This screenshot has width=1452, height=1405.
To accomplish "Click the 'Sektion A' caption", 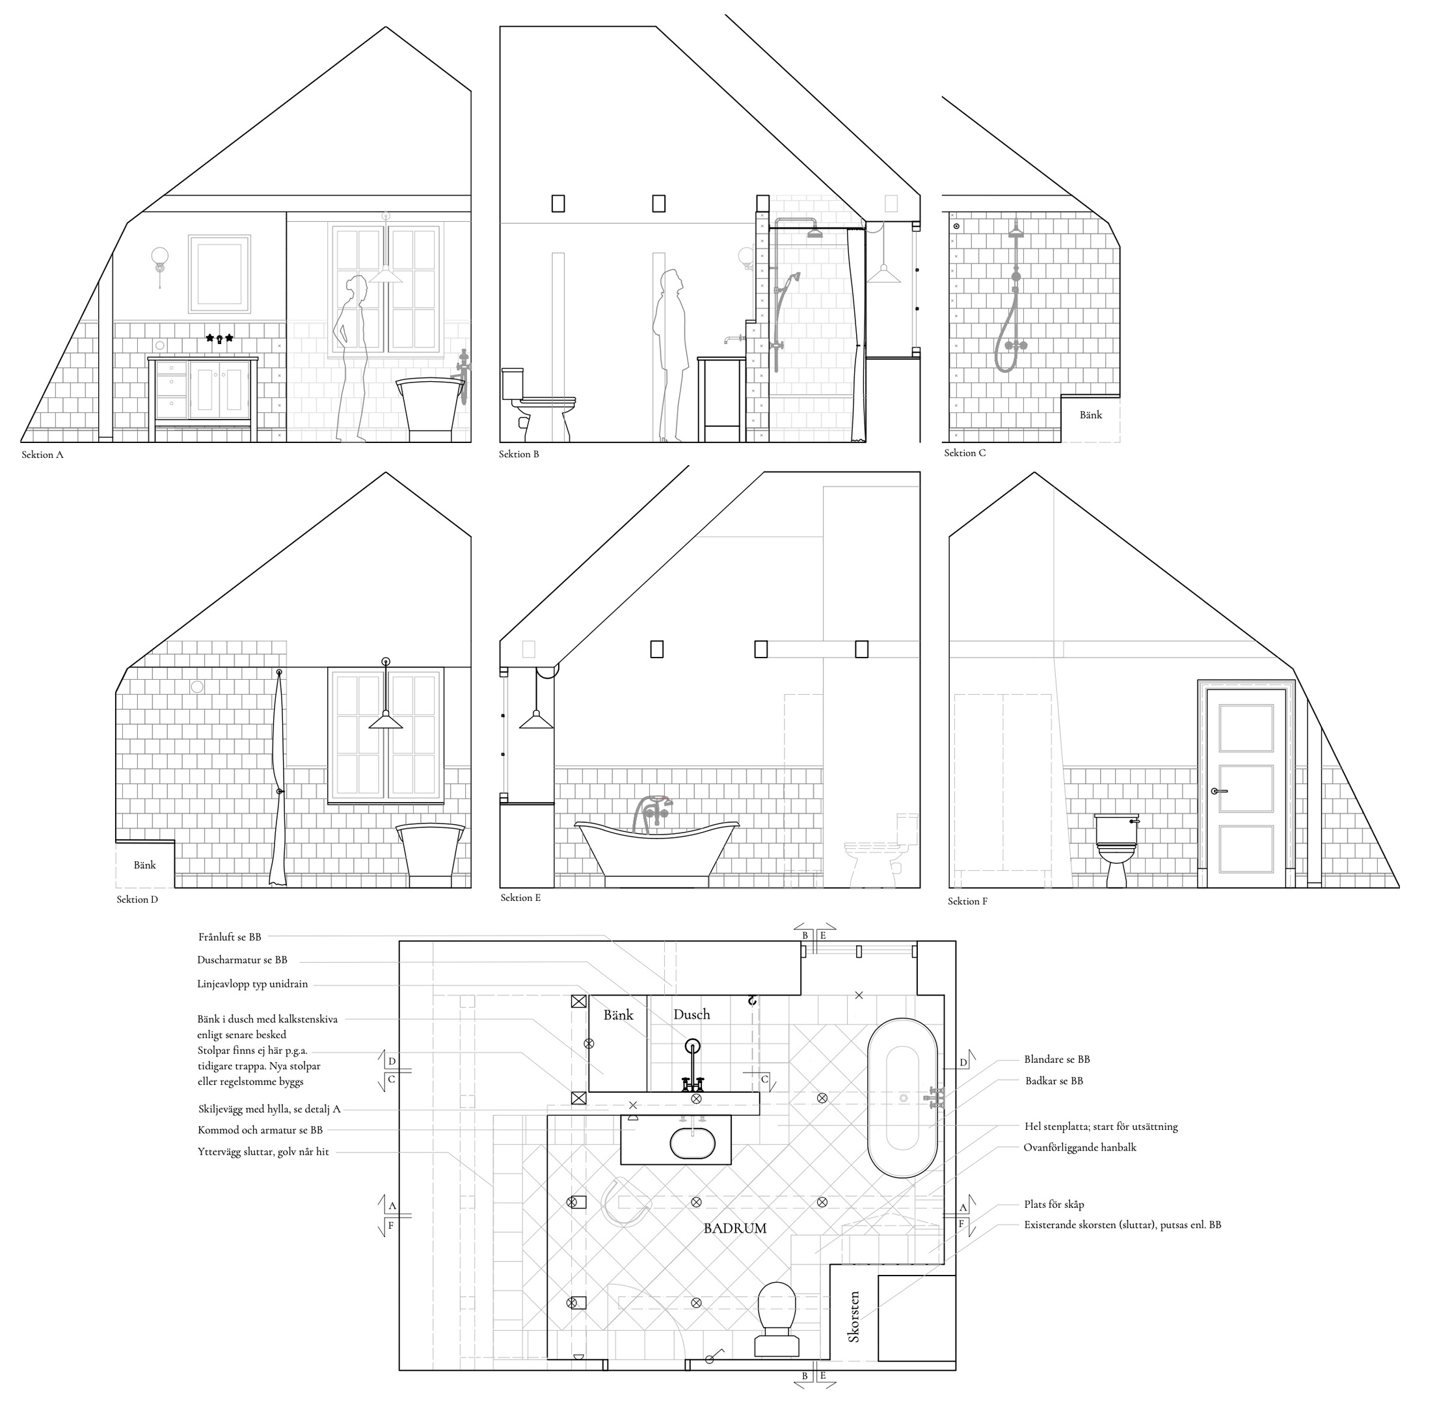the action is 42,455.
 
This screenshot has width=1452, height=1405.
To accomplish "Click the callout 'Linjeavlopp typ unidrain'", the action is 252,984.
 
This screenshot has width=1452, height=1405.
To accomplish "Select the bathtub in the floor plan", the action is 902,1099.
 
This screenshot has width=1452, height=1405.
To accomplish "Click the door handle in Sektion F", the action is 1218,791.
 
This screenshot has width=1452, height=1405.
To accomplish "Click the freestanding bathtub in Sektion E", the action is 657,850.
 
